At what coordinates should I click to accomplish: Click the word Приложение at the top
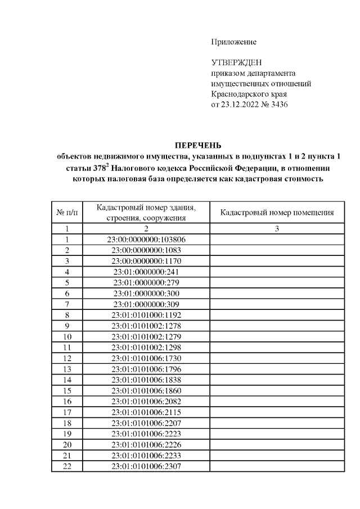pos(233,42)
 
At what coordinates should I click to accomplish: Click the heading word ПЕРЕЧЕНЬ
pos(195,144)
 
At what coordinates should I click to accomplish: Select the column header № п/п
pos(67,213)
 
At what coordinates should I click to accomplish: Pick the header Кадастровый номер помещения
pos(277,213)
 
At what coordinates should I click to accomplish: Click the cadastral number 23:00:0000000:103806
pos(146,240)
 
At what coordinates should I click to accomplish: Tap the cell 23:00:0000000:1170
pos(146,261)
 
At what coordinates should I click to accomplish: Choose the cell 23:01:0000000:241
pos(146,272)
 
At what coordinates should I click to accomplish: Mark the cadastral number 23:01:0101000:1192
pos(146,315)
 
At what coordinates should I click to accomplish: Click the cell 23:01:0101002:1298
pos(146,347)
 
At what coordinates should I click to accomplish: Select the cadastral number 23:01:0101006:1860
pos(146,390)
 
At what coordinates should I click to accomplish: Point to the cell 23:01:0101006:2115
pos(146,412)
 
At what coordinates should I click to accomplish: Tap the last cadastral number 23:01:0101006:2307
pos(146,466)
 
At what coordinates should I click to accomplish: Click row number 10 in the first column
pos(67,336)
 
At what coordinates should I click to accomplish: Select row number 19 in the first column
pos(67,434)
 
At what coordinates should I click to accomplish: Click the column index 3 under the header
pos(277,229)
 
